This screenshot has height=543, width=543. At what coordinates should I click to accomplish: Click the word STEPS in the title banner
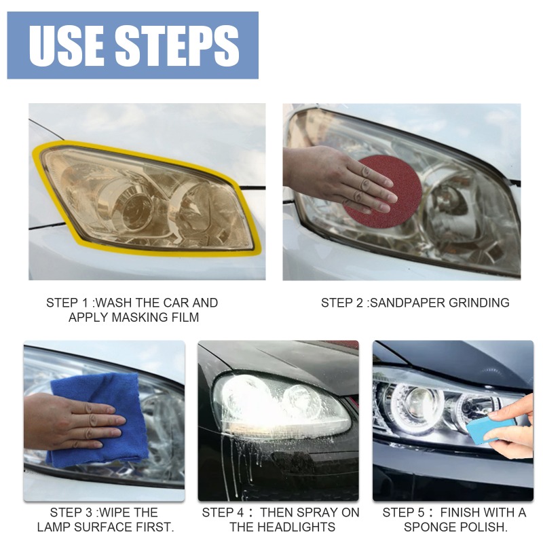178,45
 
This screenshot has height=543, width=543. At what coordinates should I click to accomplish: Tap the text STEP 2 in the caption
343,303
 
